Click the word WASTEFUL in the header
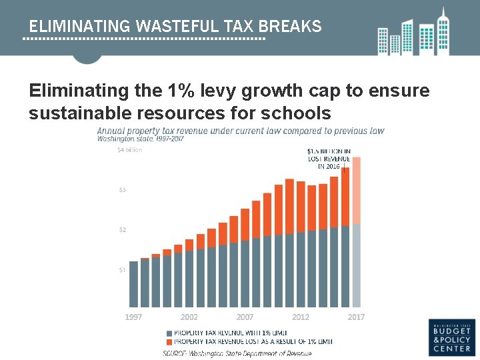(x=177, y=27)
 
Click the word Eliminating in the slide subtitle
(x=79, y=91)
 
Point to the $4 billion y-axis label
(x=130, y=150)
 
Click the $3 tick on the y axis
(x=121, y=190)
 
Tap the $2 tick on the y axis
(x=121, y=230)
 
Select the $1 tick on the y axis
(x=121, y=270)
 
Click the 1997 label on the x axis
(x=134, y=317)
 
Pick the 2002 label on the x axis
(x=189, y=317)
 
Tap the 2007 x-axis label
(x=245, y=317)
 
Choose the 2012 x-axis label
(x=301, y=317)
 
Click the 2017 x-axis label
(x=356, y=317)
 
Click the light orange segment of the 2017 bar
(x=357, y=190)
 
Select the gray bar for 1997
(x=134, y=284)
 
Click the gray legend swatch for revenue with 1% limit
(x=169, y=332)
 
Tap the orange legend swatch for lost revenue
(x=169, y=341)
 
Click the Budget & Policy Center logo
(x=452, y=337)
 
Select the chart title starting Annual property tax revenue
(x=241, y=131)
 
